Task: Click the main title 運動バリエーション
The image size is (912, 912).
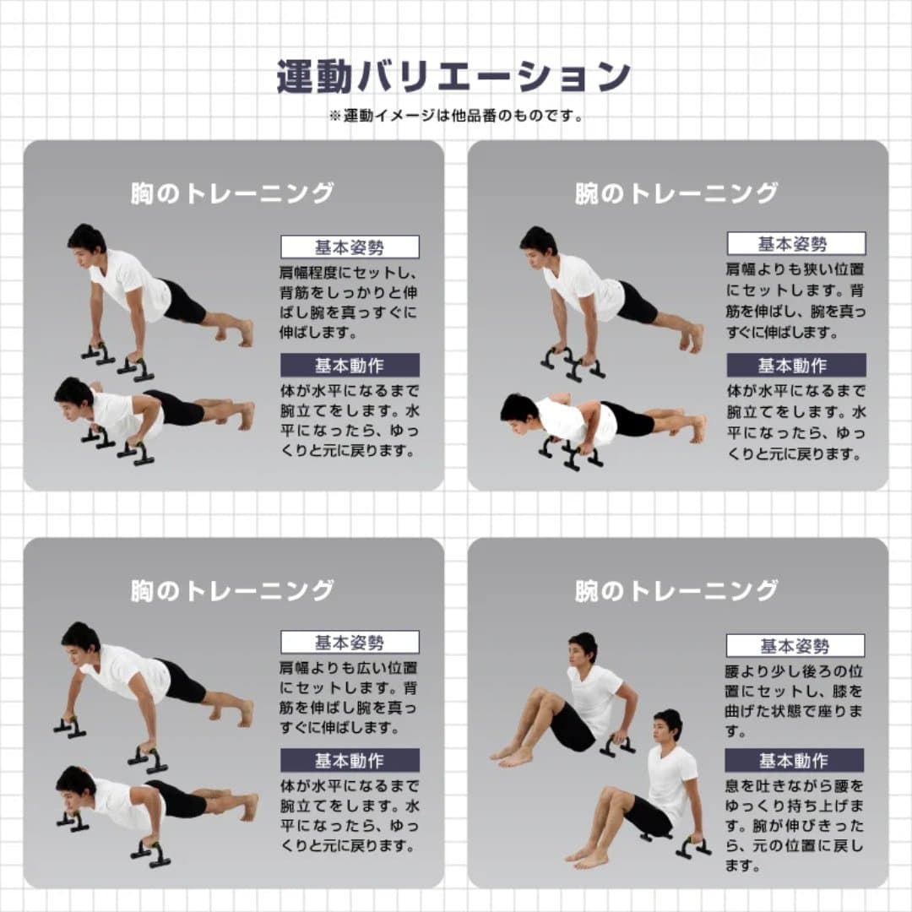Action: pyautogui.click(x=453, y=77)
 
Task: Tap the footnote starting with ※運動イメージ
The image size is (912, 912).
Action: pyautogui.click(x=455, y=116)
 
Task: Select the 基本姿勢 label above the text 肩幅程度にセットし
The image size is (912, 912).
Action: pyautogui.click(x=350, y=247)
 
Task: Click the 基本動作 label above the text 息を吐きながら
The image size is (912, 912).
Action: pyautogui.click(x=795, y=760)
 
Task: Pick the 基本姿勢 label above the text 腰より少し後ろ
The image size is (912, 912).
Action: pyautogui.click(x=795, y=646)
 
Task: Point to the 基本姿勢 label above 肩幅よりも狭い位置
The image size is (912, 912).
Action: pyautogui.click(x=795, y=244)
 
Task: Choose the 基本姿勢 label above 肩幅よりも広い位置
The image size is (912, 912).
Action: pyautogui.click(x=350, y=643)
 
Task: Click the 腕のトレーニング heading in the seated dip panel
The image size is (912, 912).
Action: pyautogui.click(x=676, y=590)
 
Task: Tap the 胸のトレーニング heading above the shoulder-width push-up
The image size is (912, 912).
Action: pyautogui.click(x=232, y=193)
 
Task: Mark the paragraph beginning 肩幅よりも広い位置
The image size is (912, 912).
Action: pyautogui.click(x=350, y=698)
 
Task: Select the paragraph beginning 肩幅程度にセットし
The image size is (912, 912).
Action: pyautogui.click(x=350, y=302)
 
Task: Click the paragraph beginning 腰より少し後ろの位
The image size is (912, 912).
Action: pyautogui.click(x=795, y=702)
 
